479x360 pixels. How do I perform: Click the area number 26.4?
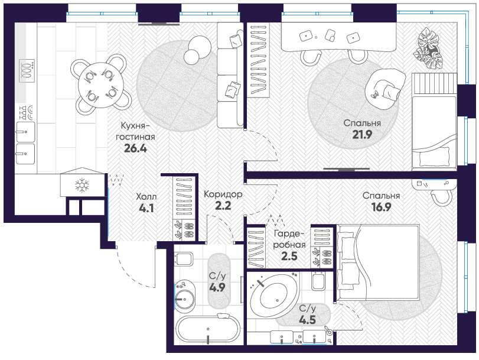[135, 148]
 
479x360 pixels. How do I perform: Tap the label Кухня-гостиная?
[135, 131]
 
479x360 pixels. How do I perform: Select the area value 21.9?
[362, 134]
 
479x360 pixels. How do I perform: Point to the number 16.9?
[381, 207]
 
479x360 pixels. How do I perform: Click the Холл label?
[146, 196]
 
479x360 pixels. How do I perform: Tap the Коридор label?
[223, 194]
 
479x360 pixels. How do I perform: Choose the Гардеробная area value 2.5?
[289, 256]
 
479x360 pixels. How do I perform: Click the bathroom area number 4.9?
[217, 287]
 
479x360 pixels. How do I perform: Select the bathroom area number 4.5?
[307, 320]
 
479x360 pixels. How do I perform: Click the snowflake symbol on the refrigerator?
[82, 186]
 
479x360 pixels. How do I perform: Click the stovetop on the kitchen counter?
[27, 71]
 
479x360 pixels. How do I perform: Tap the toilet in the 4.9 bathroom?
[183, 260]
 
